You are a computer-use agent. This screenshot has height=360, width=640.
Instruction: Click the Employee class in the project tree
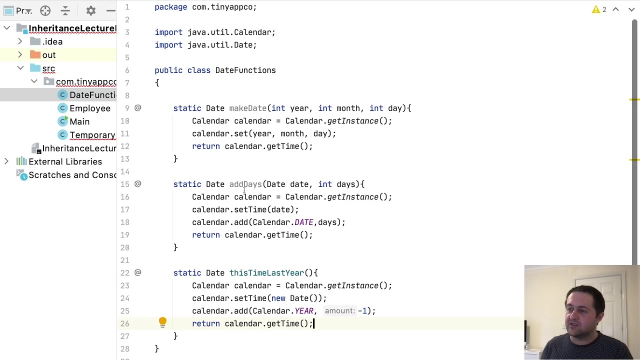(89, 108)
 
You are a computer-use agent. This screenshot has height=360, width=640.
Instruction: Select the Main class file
(79, 121)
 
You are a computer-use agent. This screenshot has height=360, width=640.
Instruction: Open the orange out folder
(49, 55)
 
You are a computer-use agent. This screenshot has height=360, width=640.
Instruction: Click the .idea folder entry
(52, 41)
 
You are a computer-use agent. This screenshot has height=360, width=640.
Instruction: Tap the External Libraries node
(65, 161)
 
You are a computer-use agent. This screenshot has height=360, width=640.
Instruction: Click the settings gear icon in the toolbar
(91, 11)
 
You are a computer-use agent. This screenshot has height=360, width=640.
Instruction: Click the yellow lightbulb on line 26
(162, 322)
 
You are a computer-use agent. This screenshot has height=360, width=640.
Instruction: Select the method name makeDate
(247, 108)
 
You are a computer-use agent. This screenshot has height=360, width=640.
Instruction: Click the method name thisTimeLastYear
(266, 273)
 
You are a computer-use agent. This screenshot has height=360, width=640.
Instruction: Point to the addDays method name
(245, 184)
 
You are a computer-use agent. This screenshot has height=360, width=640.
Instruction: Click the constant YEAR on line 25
(303, 311)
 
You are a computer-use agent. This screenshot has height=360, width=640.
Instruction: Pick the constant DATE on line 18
(303, 222)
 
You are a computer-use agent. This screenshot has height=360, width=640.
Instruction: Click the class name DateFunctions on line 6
(245, 70)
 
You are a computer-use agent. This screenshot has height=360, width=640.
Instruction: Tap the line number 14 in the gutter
(125, 171)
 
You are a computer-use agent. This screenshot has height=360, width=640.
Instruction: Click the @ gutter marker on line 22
(137, 272)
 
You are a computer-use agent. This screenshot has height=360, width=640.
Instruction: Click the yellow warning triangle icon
(595, 9)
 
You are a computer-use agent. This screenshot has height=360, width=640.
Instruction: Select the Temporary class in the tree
(92, 135)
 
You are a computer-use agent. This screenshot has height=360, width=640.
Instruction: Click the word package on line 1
(171, 7)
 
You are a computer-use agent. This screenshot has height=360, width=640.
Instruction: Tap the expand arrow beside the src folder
(20, 68)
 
